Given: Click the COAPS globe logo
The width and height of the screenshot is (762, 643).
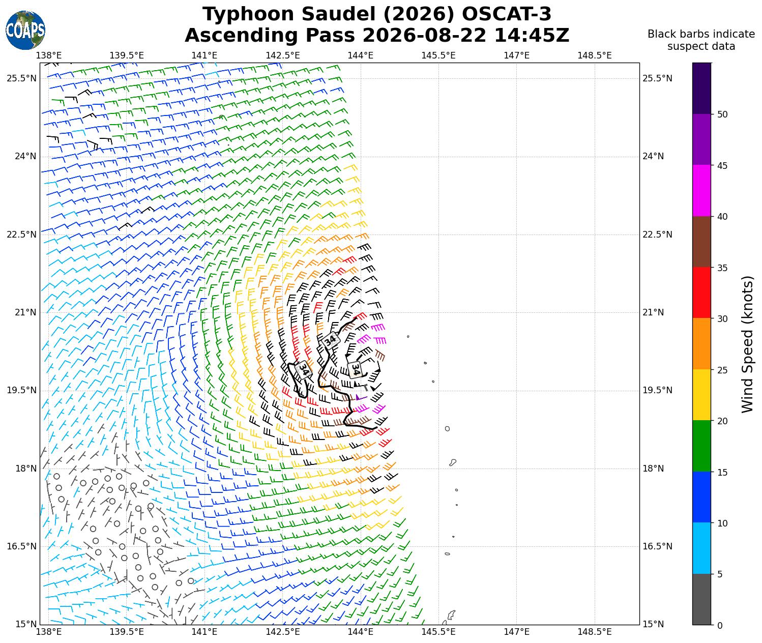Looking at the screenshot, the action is click(x=25, y=30).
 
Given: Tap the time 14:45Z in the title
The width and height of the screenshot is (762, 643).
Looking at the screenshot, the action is click(x=532, y=36).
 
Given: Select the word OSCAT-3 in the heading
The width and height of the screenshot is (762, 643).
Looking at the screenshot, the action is click(x=507, y=14).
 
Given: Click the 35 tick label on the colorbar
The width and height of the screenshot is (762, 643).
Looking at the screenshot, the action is click(x=722, y=268).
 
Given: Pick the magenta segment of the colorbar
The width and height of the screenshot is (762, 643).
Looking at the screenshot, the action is click(x=702, y=190).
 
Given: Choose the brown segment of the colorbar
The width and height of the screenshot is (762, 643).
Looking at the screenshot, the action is click(x=702, y=242).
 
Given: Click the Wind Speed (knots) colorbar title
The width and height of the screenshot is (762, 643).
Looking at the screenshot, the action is click(x=747, y=344).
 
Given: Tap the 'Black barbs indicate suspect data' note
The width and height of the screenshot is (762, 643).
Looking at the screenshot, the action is click(x=701, y=40).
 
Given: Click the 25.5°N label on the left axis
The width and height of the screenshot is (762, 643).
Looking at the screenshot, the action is click(x=21, y=78).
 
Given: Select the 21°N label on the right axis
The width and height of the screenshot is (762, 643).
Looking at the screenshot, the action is click(x=653, y=312).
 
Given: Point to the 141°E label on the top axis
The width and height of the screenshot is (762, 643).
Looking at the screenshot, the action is click(x=204, y=55).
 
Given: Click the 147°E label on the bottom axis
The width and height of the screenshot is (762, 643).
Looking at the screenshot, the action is click(x=516, y=632).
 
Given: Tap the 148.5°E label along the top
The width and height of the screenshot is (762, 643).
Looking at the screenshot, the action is click(x=595, y=55).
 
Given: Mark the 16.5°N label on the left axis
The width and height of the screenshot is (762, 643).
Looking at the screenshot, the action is click(x=21, y=546).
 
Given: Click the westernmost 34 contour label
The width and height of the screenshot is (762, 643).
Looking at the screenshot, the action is click(x=304, y=370).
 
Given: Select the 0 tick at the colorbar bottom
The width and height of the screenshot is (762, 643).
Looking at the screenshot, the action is click(x=720, y=626).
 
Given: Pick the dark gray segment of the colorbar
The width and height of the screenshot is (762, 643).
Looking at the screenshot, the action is click(x=702, y=599).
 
